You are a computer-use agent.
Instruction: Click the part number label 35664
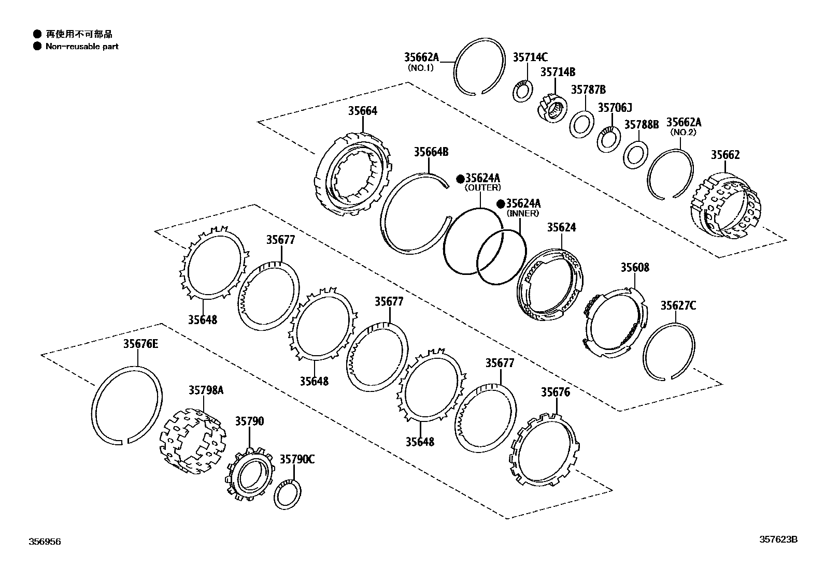tap(362, 111)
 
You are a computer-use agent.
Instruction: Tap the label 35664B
tap(431, 152)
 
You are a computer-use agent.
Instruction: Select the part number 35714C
tap(530, 57)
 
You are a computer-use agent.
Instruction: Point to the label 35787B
tap(588, 90)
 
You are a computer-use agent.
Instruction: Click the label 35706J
tap(615, 108)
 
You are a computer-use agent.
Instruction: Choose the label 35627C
tap(678, 306)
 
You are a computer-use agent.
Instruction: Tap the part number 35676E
tap(140, 344)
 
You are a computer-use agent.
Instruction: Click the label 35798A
tap(206, 390)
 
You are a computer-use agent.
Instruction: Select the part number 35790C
tap(297, 459)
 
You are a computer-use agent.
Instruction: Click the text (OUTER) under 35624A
tap(482, 187)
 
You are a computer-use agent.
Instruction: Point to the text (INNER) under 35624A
tap(522, 213)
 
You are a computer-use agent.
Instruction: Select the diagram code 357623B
tap(778, 539)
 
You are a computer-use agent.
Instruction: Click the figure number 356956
tap(45, 542)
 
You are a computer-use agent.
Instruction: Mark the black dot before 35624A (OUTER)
tap(460, 179)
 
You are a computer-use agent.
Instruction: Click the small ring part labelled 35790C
tap(285, 494)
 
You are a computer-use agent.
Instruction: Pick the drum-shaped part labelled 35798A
tap(192, 442)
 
